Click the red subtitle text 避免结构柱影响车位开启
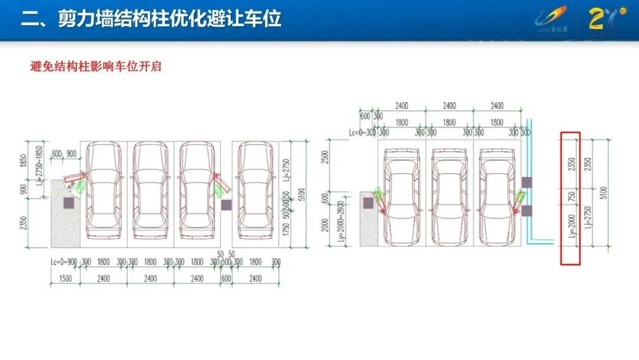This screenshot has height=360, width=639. pyautogui.click(x=96, y=66)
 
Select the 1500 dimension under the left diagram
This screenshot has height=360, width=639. pyautogui.click(x=65, y=278)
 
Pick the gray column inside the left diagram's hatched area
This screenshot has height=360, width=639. pyautogui.click(x=69, y=202)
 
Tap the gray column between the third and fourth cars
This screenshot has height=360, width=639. pyautogui.click(x=226, y=205)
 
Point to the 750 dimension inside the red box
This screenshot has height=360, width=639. pyautogui.click(x=571, y=195)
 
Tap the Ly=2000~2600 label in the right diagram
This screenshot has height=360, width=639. pyautogui.click(x=340, y=222)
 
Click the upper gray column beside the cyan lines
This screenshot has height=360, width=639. pyautogui.click(x=527, y=182)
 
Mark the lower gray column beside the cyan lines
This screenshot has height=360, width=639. pyautogui.click(x=527, y=210)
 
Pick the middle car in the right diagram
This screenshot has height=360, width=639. pyautogui.click(x=449, y=196)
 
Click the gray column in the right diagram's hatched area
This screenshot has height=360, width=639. pyautogui.click(x=368, y=202)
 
